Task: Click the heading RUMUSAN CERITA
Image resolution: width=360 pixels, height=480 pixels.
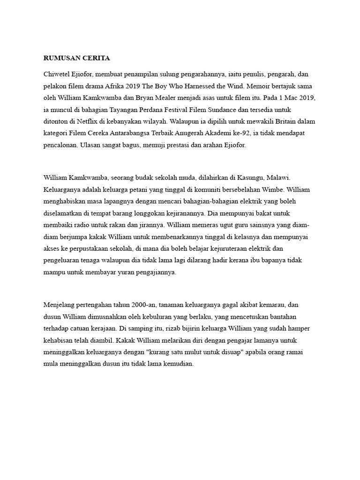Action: [76, 58]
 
